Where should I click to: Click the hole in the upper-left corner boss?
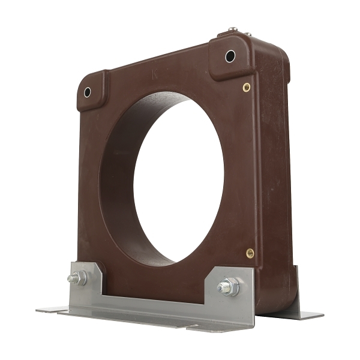pyautogui.click(x=88, y=92)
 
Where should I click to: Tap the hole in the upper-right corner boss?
pyautogui.click(x=230, y=56)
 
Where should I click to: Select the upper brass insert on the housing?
pyautogui.click(x=247, y=87)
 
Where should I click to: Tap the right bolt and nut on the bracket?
pyautogui.click(x=227, y=286)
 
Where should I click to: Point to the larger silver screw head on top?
pyautogui.click(x=233, y=29)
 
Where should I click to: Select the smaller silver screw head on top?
pyautogui.click(x=248, y=34)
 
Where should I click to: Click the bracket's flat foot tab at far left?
pyautogui.click(x=52, y=310)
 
